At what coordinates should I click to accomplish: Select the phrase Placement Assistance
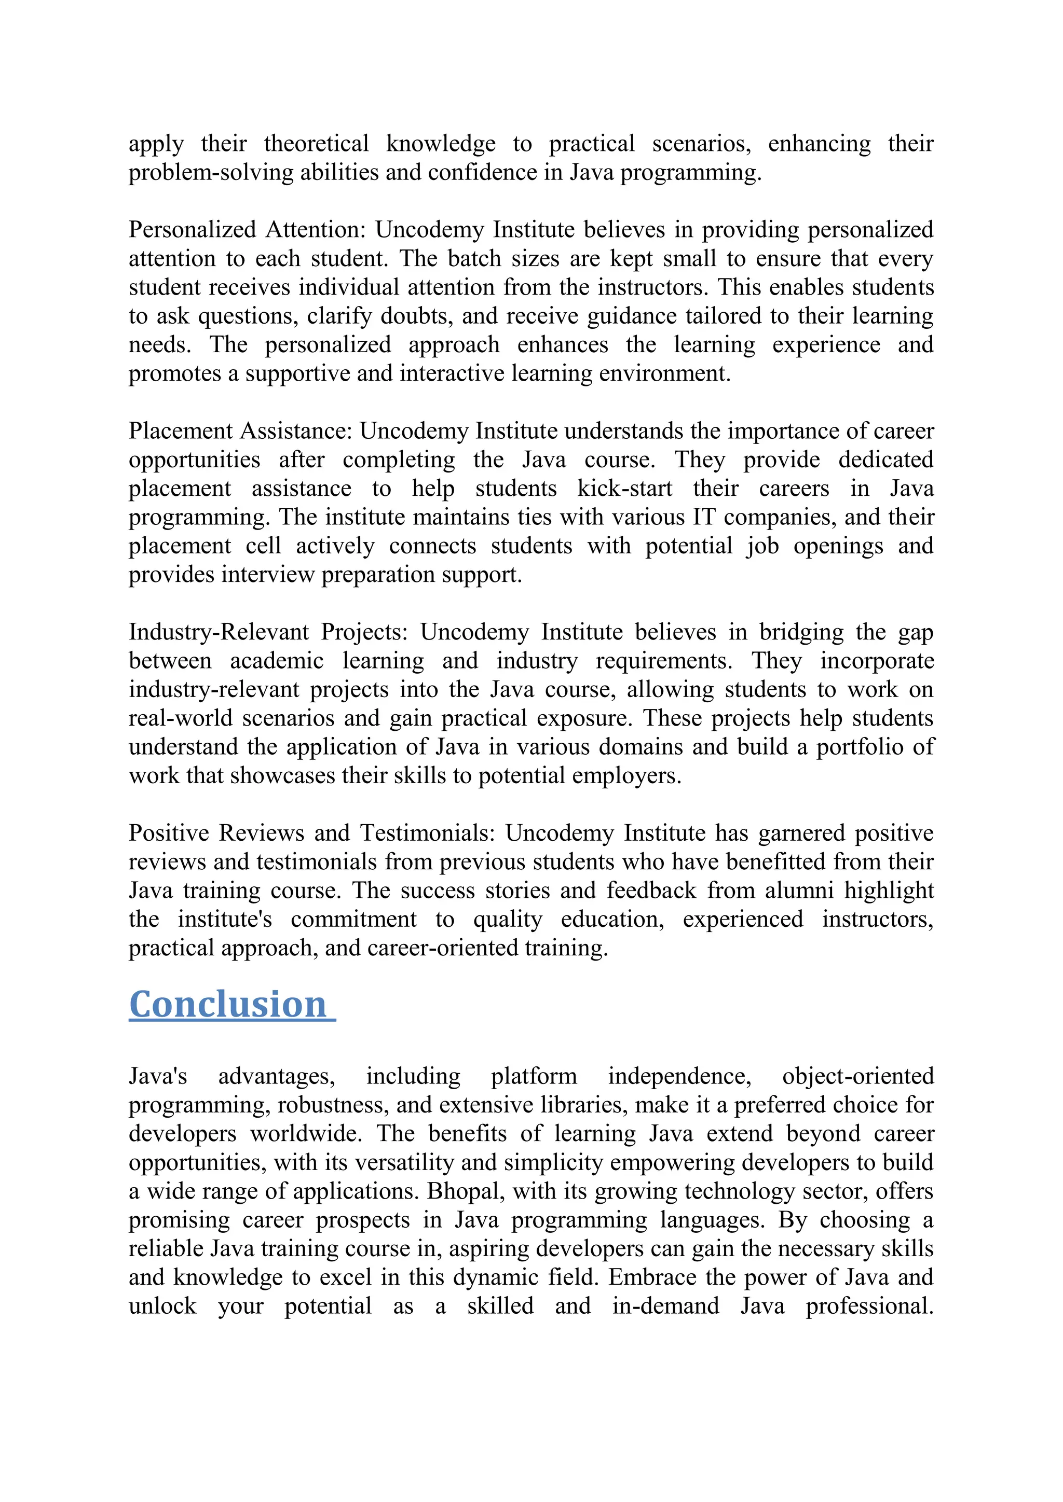point(240,431)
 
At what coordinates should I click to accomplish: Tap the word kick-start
point(624,489)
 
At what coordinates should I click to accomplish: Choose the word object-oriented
point(857,1076)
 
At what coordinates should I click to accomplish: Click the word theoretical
point(316,144)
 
